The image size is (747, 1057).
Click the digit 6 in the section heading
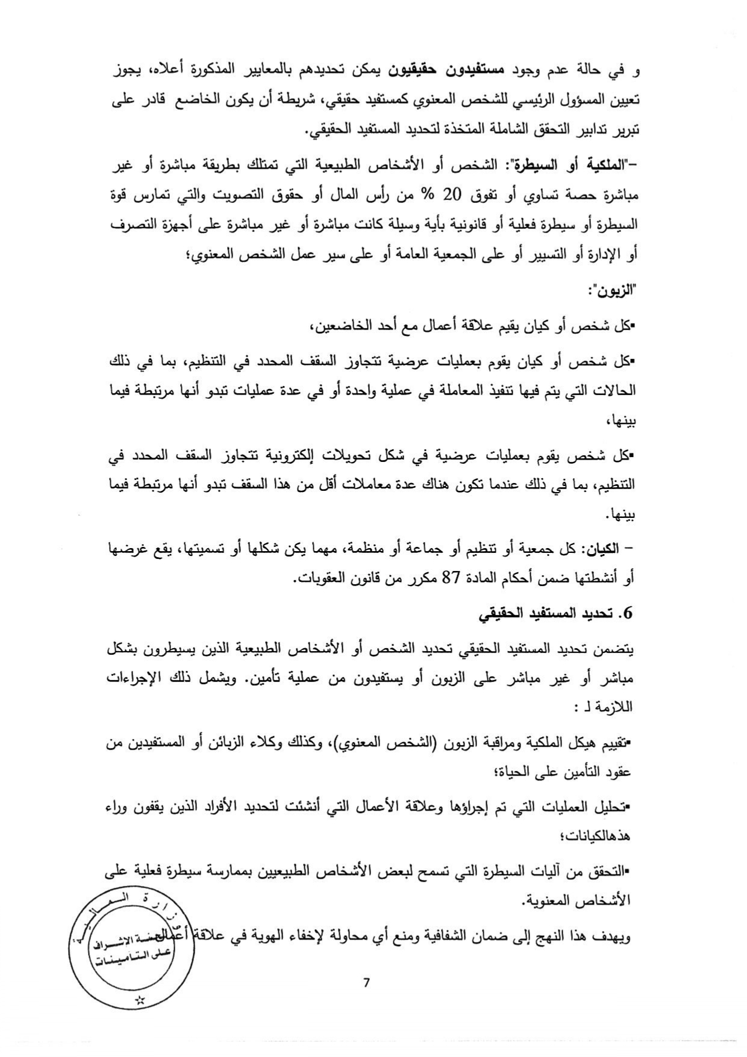629,614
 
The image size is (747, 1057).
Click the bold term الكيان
600,549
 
